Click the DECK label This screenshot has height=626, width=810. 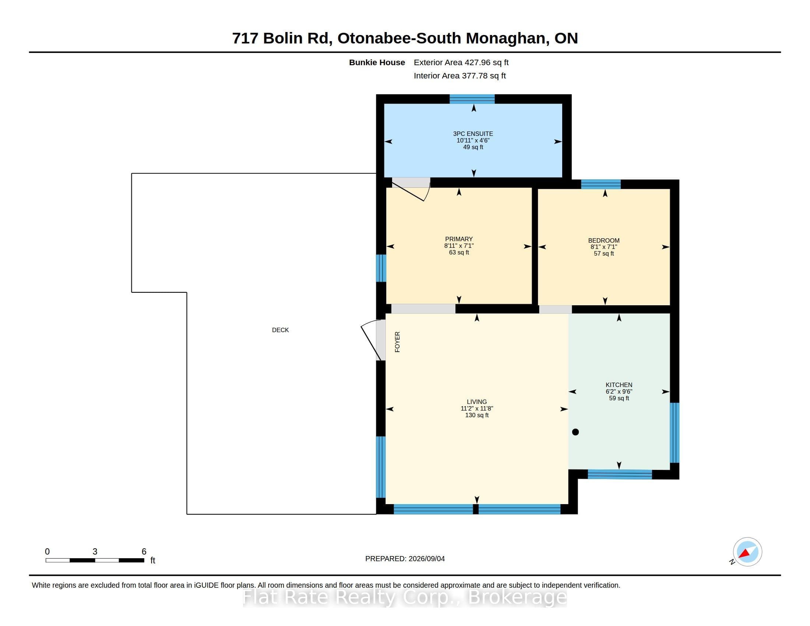(280, 330)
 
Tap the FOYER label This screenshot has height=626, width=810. (397, 342)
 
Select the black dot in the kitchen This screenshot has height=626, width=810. (575, 432)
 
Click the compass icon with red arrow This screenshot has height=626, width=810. (747, 552)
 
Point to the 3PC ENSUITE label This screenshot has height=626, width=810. (473, 134)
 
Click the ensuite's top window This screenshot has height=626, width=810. (472, 99)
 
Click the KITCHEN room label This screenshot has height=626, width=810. (619, 385)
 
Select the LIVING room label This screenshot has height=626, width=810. (476, 402)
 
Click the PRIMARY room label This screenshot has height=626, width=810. (459, 239)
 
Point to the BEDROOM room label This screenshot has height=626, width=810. (604, 240)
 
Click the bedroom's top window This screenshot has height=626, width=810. (601, 184)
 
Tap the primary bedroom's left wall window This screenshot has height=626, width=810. (381, 268)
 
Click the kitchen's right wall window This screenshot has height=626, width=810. (675, 433)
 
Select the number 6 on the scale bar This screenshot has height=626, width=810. (144, 552)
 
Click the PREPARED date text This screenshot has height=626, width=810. (405, 559)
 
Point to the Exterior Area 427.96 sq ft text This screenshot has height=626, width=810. (461, 63)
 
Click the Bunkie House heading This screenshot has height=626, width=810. (377, 63)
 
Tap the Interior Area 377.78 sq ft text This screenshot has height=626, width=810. (459, 75)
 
